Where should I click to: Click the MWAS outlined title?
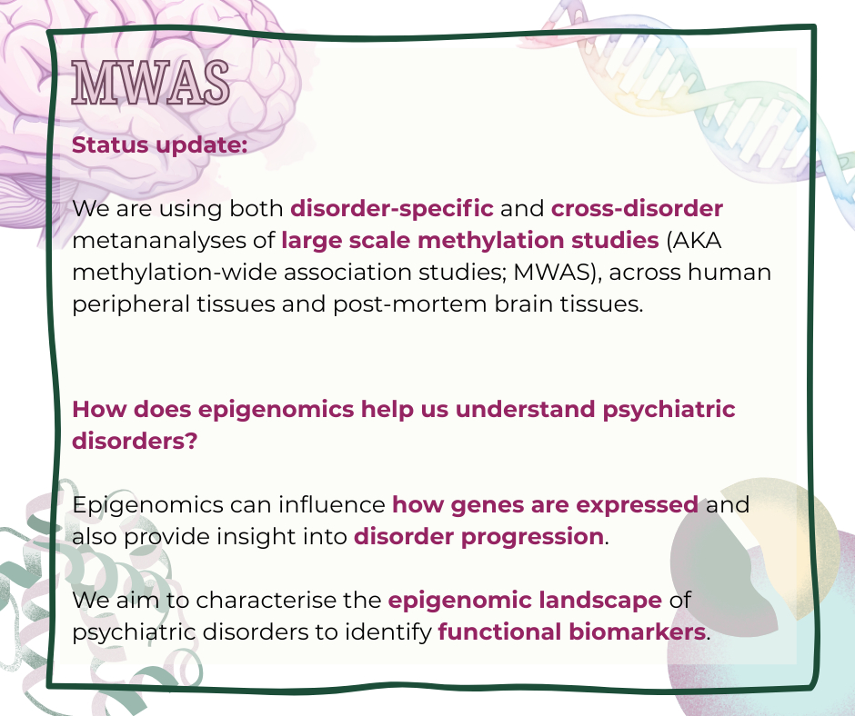[x=150, y=83]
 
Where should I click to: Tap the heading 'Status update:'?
[x=160, y=145]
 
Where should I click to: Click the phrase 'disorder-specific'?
[x=391, y=209]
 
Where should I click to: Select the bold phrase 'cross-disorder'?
[x=637, y=208]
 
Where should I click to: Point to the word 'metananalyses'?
[x=159, y=241]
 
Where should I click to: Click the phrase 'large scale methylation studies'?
[x=470, y=241]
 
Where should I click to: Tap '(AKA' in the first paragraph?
[x=694, y=240]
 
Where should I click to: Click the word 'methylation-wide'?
[x=175, y=273]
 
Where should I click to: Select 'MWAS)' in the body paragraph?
[x=558, y=272]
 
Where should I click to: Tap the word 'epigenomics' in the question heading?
[x=276, y=410]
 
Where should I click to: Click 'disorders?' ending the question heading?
[x=135, y=441]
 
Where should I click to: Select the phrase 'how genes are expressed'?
[x=545, y=505]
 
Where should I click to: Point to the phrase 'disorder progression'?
[x=478, y=537]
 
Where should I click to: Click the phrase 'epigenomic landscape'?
[x=525, y=601]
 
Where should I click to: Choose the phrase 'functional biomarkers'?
[x=572, y=632]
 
